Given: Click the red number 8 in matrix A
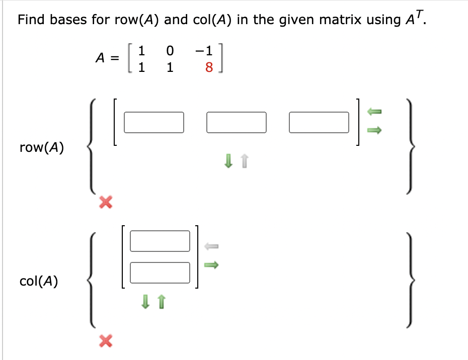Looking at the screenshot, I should click(x=209, y=67).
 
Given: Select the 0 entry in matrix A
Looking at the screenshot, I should click(x=170, y=51).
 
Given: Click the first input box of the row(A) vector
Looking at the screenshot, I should click(x=153, y=122).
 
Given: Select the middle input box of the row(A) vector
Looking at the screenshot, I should click(x=236, y=122).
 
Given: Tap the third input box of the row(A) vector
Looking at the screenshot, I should click(x=319, y=122).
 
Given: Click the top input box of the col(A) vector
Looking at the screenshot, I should click(x=160, y=240).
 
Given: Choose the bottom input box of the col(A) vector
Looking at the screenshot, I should click(x=160, y=273).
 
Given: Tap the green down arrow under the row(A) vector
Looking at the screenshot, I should click(x=228, y=161).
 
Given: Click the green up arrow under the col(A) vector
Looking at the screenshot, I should click(x=162, y=302).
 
